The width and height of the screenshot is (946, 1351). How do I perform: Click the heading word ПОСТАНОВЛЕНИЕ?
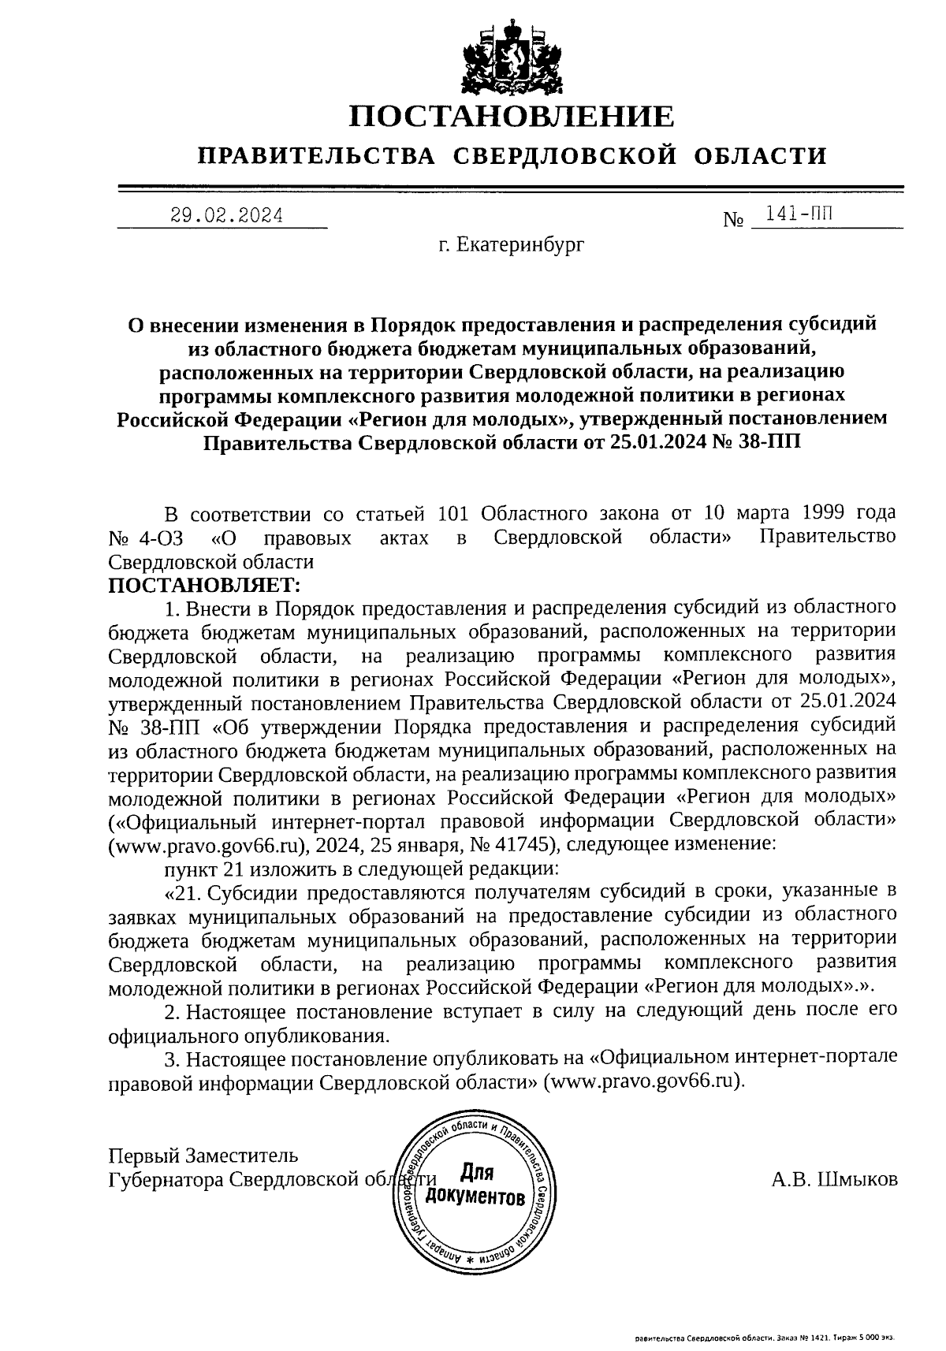pos(512,117)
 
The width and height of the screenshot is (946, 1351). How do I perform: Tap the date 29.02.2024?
pos(227,214)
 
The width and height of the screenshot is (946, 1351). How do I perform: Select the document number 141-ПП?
pos(798,214)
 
